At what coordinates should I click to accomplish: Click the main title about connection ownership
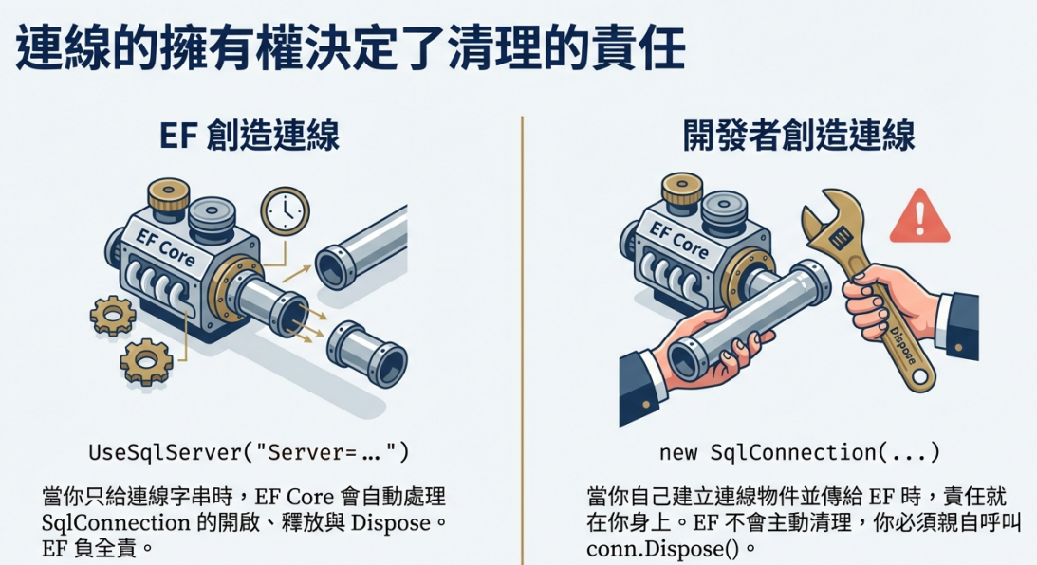(x=350, y=48)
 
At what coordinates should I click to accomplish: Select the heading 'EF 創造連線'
(x=250, y=136)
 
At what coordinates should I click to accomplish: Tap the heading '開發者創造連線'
(x=799, y=136)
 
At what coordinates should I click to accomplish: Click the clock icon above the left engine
(x=285, y=211)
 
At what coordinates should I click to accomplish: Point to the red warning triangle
(x=920, y=217)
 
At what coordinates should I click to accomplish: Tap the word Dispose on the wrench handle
(x=902, y=346)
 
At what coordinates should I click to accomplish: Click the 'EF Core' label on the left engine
(x=165, y=247)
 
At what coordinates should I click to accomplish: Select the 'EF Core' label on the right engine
(x=678, y=240)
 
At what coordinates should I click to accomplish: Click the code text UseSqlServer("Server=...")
(x=250, y=452)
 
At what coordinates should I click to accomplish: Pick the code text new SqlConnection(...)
(x=800, y=452)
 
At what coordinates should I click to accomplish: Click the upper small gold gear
(x=113, y=316)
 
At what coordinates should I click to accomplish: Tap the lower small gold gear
(x=146, y=361)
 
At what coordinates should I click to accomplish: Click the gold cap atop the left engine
(x=168, y=195)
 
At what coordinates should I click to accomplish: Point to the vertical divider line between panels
(x=522, y=340)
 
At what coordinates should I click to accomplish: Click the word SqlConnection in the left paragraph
(x=117, y=522)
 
